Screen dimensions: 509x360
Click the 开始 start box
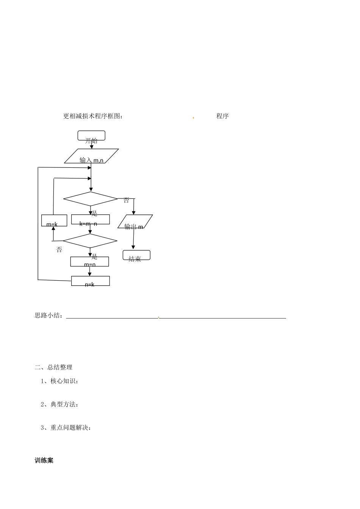[x=91, y=136]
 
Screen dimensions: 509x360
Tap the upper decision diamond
[x=91, y=198]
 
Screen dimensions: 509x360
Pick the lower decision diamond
[x=90, y=240]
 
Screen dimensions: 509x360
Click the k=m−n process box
[x=91, y=220]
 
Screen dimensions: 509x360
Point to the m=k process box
[x=54, y=220]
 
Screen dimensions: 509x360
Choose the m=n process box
[x=89, y=261]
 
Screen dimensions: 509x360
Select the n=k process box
[x=91, y=281]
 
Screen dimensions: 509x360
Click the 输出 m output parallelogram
[x=135, y=222]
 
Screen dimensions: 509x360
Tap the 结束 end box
[x=136, y=255]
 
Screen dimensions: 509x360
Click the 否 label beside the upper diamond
[x=126, y=200]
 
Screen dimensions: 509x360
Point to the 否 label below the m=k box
[x=59, y=250]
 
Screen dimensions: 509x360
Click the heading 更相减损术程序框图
[x=93, y=116]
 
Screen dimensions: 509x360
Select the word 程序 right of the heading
[x=222, y=116]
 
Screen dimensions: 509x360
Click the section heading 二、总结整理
[x=53, y=367]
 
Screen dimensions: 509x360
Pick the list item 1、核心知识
[x=59, y=381]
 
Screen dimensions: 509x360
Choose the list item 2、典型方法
[x=59, y=404]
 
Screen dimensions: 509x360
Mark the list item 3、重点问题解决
[x=66, y=428]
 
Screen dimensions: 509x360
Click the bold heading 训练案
[x=44, y=461]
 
